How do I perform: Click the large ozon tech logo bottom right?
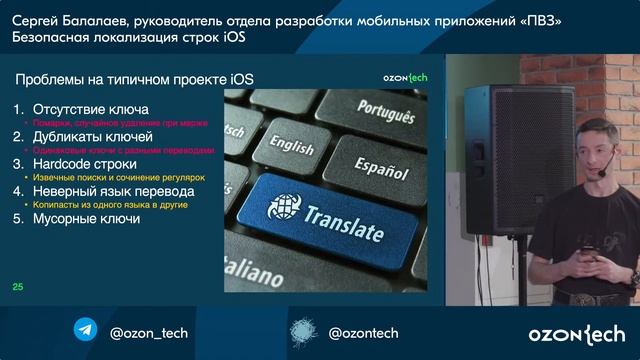577,333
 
